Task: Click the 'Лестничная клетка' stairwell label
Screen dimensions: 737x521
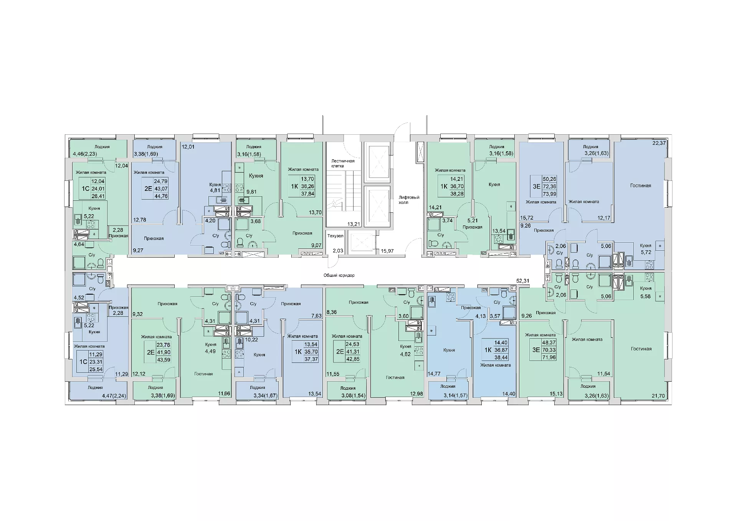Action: [x=343, y=164]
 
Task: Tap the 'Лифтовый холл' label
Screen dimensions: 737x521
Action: [x=409, y=200]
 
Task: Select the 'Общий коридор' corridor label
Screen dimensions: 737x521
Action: [x=339, y=275]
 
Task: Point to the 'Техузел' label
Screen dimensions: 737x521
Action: [x=335, y=236]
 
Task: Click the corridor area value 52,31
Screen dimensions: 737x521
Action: [x=522, y=281]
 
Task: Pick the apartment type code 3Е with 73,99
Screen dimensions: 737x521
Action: [x=536, y=187]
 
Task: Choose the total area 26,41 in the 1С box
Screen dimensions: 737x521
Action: [x=98, y=196]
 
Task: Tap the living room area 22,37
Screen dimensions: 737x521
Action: [x=659, y=143]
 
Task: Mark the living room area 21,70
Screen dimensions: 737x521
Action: [x=658, y=396]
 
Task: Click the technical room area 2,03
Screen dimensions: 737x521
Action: [x=338, y=251]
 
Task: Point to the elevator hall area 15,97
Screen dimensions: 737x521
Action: [x=387, y=251]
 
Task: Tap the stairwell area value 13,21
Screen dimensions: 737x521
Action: [x=353, y=224]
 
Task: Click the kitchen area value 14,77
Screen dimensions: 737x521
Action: [x=434, y=374]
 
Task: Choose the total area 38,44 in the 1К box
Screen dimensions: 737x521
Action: [x=501, y=357]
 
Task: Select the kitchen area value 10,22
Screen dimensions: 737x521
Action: [x=251, y=339]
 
